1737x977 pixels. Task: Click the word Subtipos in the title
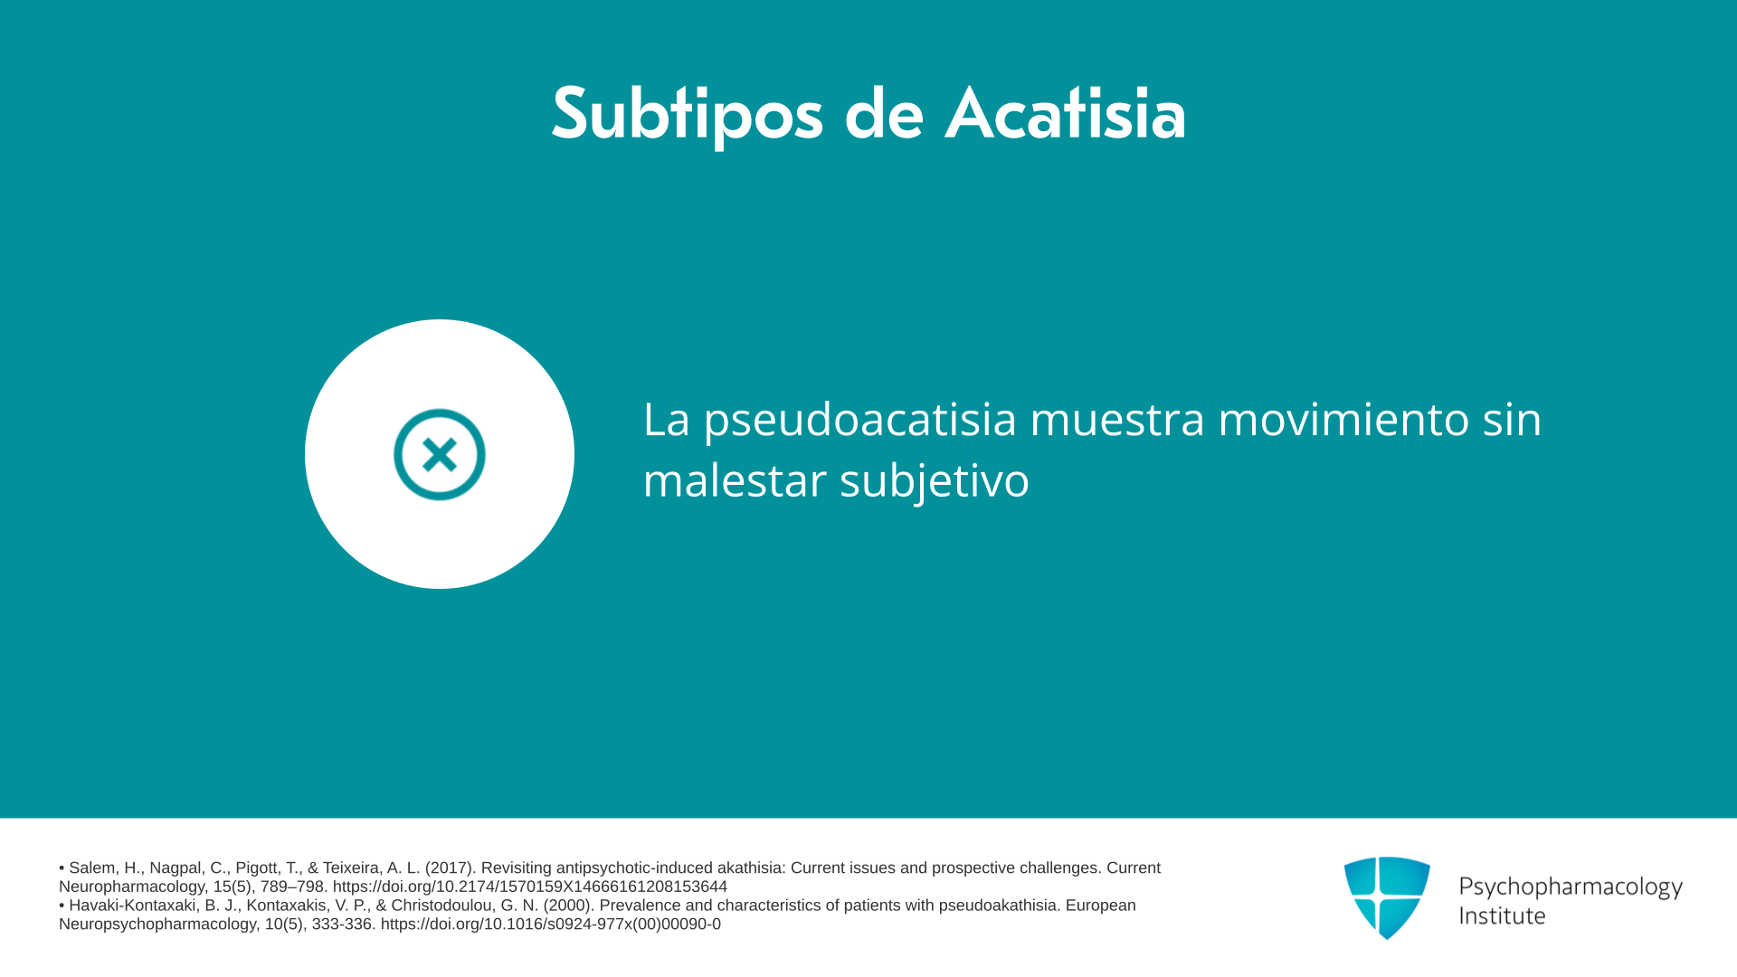tap(688, 115)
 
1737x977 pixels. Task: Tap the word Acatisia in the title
tap(1065, 113)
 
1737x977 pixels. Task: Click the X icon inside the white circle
tap(440, 454)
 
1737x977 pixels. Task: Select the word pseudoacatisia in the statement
tap(859, 420)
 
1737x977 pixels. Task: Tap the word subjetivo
tap(934, 480)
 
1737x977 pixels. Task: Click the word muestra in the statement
tap(1117, 420)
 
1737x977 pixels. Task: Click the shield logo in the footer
tap(1387, 897)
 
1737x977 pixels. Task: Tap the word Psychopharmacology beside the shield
tap(1571, 887)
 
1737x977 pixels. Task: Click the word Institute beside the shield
tap(1502, 915)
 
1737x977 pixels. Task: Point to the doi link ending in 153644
tap(529, 887)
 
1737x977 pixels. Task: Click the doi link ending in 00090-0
tap(550, 925)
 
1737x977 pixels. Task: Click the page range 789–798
tap(291, 887)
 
